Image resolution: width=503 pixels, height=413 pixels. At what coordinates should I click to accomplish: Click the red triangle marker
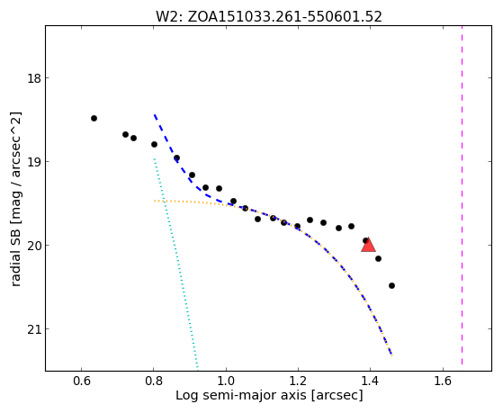pos(368,246)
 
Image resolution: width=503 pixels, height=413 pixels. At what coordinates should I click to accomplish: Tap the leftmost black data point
pos(94,119)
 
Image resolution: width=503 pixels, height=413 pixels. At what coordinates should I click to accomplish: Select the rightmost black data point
pos(391,285)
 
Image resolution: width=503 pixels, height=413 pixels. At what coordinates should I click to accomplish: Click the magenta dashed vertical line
pos(462,195)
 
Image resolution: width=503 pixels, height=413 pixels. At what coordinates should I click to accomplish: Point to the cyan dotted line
pos(175,263)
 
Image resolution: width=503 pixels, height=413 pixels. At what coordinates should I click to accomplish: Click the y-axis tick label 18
pos(34,78)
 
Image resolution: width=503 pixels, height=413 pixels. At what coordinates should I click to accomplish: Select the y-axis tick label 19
pos(34,162)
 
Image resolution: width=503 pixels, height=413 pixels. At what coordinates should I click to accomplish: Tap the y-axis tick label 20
pos(34,246)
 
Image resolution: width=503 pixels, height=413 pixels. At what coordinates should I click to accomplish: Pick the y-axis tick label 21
pos(34,329)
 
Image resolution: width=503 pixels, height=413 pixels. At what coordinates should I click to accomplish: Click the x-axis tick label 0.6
pos(82,381)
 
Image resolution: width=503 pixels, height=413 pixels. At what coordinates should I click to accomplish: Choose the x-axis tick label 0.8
pos(154,381)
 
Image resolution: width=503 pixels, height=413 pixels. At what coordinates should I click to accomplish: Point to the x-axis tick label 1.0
pos(226,381)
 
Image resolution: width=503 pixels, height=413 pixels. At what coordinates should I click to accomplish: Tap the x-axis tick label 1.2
pos(299,381)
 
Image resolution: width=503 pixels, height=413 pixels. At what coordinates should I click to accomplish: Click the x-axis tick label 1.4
pos(371,381)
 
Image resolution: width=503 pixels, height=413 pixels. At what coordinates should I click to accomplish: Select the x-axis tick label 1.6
pos(443,381)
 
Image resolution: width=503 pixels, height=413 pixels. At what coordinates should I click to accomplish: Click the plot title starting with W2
pos(269,17)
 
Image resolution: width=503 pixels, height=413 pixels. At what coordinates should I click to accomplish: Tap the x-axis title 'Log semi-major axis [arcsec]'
pos(269,395)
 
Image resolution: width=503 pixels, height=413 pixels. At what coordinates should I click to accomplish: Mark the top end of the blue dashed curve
pos(154,114)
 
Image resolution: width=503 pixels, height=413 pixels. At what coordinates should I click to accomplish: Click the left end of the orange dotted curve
pos(154,201)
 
